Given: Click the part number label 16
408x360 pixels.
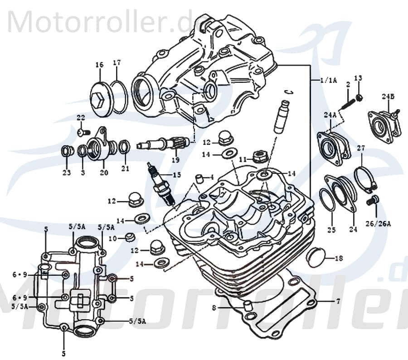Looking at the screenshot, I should pyautogui.click(x=99, y=65).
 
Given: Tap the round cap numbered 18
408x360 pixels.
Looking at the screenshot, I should pyautogui.click(x=317, y=258).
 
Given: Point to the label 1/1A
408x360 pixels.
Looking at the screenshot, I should pyautogui.click(x=328, y=80).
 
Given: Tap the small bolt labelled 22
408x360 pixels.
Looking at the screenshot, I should pyautogui.click(x=81, y=132).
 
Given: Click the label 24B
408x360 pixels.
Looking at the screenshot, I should pyautogui.click(x=388, y=96).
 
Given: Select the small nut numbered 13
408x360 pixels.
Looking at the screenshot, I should pyautogui.click(x=359, y=98).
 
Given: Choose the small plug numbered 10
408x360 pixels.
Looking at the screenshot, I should pyautogui.click(x=130, y=237).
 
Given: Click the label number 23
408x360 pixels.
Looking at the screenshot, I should pyautogui.click(x=67, y=172).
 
